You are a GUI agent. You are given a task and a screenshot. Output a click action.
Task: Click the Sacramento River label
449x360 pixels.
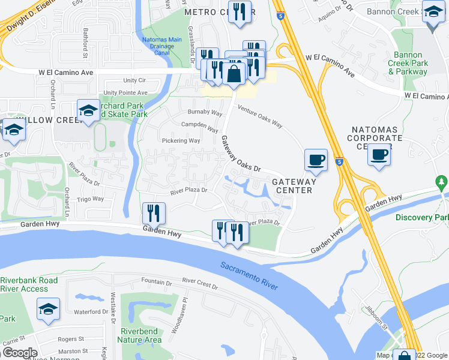[x=249, y=275]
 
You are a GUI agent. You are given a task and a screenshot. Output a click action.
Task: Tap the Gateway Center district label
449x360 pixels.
[x=293, y=186]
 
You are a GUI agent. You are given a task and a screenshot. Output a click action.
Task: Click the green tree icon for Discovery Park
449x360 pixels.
[x=441, y=181]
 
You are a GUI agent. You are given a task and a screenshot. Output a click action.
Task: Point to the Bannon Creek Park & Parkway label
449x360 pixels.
[x=408, y=63]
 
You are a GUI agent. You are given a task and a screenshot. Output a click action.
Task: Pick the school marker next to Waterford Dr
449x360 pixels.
[x=48, y=309]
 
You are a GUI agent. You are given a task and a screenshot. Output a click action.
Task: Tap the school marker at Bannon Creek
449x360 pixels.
[x=432, y=13]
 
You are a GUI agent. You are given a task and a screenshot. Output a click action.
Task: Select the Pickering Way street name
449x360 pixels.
[x=181, y=141]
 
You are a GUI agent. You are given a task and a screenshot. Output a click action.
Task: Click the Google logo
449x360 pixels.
[x=19, y=353]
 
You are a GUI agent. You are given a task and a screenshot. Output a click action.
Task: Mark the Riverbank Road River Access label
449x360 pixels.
[x=29, y=284]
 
